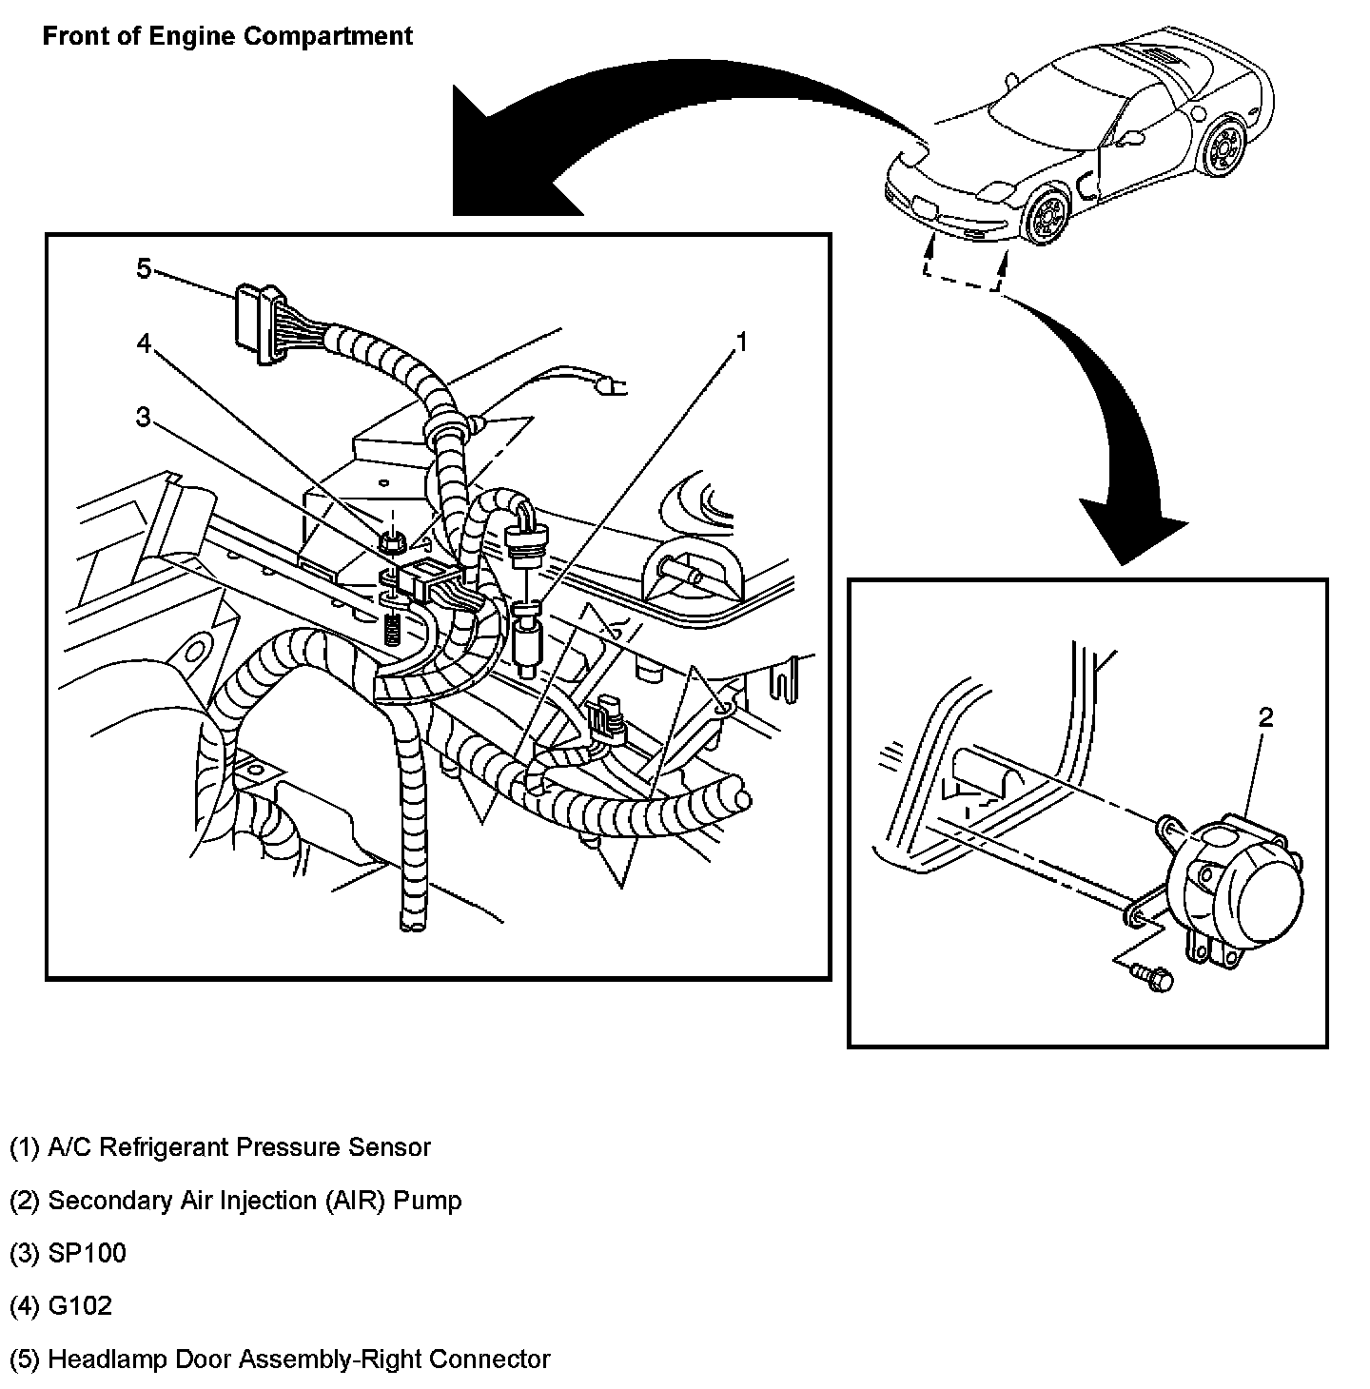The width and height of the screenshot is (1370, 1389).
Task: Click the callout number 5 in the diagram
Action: click(x=144, y=269)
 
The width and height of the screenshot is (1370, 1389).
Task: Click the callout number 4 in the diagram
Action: click(x=145, y=343)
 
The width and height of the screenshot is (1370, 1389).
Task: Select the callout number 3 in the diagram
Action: click(x=144, y=417)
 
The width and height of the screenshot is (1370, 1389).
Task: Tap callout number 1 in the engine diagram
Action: click(x=741, y=342)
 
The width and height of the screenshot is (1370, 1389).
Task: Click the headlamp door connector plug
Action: click(x=255, y=323)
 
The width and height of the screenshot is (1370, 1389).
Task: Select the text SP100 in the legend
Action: click(x=87, y=1253)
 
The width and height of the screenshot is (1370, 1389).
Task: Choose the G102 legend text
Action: click(x=79, y=1305)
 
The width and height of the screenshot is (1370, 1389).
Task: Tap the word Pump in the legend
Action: click(x=427, y=1200)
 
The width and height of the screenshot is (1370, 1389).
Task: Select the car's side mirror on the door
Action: click(x=1130, y=135)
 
